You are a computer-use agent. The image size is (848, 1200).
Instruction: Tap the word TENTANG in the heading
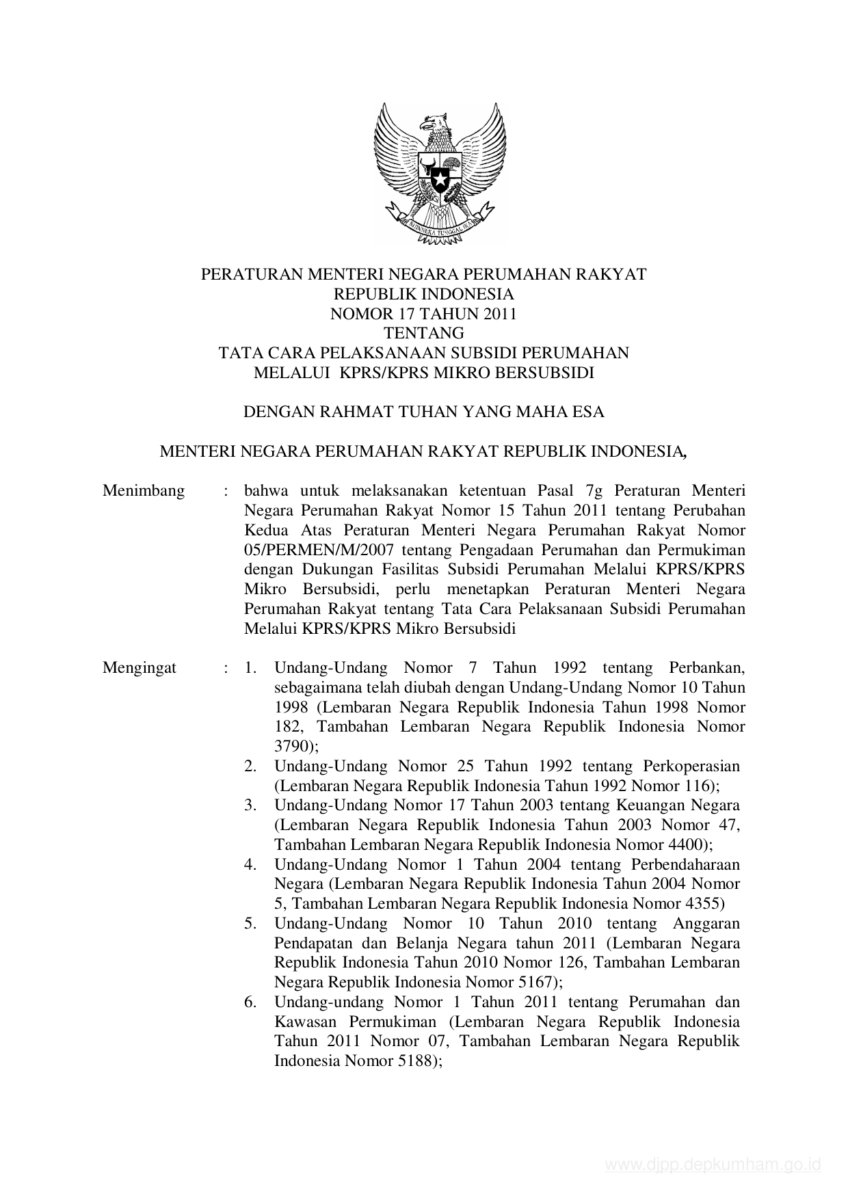(423, 334)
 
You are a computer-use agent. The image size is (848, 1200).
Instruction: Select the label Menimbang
(144, 491)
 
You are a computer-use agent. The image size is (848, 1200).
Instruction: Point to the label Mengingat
(140, 668)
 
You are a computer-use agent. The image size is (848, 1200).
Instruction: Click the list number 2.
(250, 766)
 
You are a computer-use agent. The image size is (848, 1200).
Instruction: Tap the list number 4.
(250, 864)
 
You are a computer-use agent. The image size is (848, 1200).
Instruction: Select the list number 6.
(250, 1002)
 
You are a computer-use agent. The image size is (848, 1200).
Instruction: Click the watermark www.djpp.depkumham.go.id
(713, 1165)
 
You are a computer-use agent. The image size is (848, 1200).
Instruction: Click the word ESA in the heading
(589, 412)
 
